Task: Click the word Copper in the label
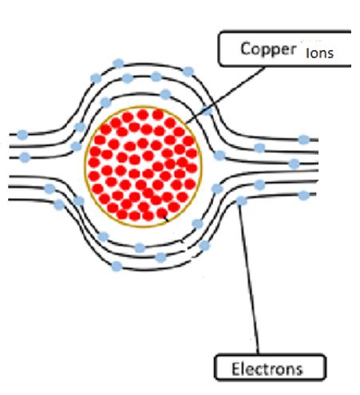268,49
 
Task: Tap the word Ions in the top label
319,53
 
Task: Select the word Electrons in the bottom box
267,369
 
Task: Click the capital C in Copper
246,49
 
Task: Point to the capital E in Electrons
235,369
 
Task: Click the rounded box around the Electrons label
270,354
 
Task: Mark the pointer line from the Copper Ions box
224,96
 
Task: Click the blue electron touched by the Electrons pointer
242,201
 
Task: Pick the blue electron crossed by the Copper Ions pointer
207,111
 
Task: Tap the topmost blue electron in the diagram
118,64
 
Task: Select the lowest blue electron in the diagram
117,267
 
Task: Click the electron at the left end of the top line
22,135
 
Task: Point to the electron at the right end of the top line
304,140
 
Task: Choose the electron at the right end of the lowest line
304,196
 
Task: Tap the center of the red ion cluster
143,166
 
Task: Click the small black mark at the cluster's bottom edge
166,219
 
